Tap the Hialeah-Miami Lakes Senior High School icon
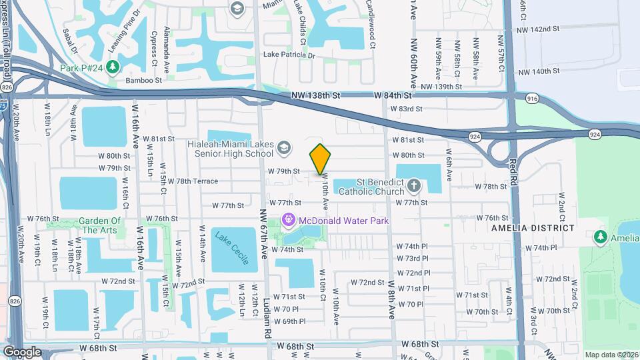[283, 147]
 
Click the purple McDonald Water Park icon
[289, 219]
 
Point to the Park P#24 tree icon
[113, 67]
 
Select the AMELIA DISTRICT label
[532, 228]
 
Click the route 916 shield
[532, 99]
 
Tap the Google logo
[22, 351]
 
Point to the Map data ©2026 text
[611, 355]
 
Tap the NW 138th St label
[316, 96]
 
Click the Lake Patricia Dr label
[289, 55]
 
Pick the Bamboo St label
[144, 80]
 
